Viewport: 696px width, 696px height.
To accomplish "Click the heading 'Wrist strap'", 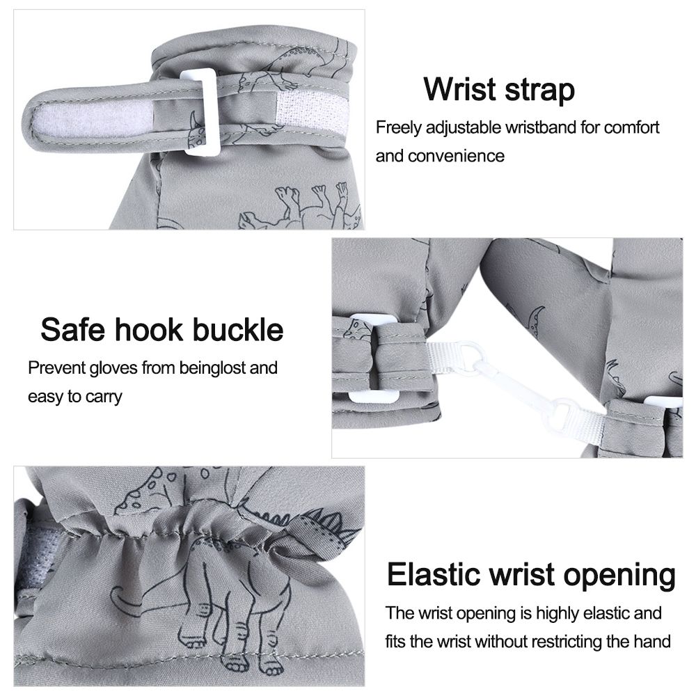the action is coord(499,90).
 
